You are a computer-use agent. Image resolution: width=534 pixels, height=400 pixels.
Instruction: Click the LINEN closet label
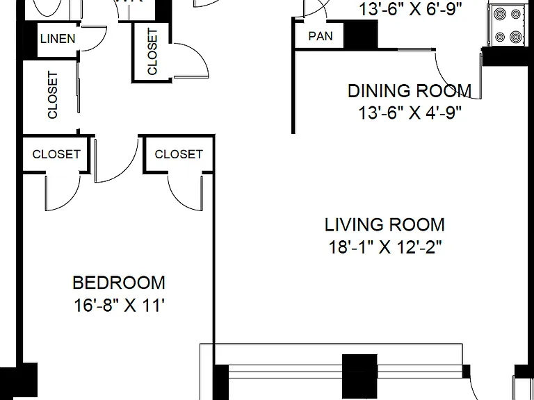[x=58, y=39]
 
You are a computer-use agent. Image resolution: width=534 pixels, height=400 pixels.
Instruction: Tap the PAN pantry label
[x=321, y=36]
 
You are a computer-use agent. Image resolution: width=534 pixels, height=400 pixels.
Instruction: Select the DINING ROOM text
[x=410, y=91]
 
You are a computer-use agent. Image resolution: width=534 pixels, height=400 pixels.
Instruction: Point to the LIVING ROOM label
[x=385, y=225]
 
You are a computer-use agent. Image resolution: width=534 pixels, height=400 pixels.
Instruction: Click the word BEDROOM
[x=119, y=283]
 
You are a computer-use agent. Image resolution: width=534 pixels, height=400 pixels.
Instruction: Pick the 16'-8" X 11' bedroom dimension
[x=119, y=305]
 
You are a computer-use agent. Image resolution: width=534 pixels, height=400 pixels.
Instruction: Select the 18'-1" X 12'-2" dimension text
[x=385, y=247]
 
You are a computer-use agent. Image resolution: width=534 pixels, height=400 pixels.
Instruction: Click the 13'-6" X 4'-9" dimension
[x=410, y=112]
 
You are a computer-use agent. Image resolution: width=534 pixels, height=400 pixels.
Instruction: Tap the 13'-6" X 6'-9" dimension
[x=411, y=10]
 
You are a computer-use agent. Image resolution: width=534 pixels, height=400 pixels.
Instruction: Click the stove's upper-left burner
[x=500, y=15]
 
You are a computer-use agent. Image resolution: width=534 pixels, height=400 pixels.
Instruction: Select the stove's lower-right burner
[x=516, y=36]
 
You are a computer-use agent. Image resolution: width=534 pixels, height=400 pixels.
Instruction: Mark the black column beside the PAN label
[x=361, y=34]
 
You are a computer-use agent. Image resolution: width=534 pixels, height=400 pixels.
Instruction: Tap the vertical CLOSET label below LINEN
[x=52, y=95]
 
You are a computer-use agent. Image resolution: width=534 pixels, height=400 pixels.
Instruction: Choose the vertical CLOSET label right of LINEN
[x=152, y=51]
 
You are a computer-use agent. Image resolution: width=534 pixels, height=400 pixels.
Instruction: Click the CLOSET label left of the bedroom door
[x=56, y=154]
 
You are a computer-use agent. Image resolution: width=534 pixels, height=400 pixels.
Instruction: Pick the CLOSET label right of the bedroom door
[x=179, y=154]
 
